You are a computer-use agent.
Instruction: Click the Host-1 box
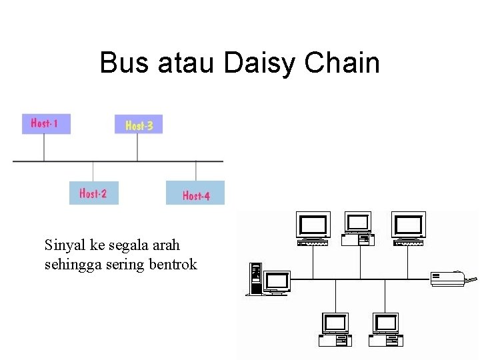[x=45, y=123]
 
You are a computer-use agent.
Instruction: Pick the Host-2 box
[x=93, y=193]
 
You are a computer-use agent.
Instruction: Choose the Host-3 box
[x=139, y=125]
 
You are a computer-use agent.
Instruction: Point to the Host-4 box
[x=195, y=193]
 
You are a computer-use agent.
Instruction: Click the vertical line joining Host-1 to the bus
[x=44, y=147]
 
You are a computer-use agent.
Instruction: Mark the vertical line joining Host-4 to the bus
[x=195, y=171]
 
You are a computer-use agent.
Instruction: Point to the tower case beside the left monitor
[x=254, y=279]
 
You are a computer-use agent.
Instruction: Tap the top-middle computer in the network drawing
[x=358, y=229]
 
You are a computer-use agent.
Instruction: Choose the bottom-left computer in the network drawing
[x=335, y=329]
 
